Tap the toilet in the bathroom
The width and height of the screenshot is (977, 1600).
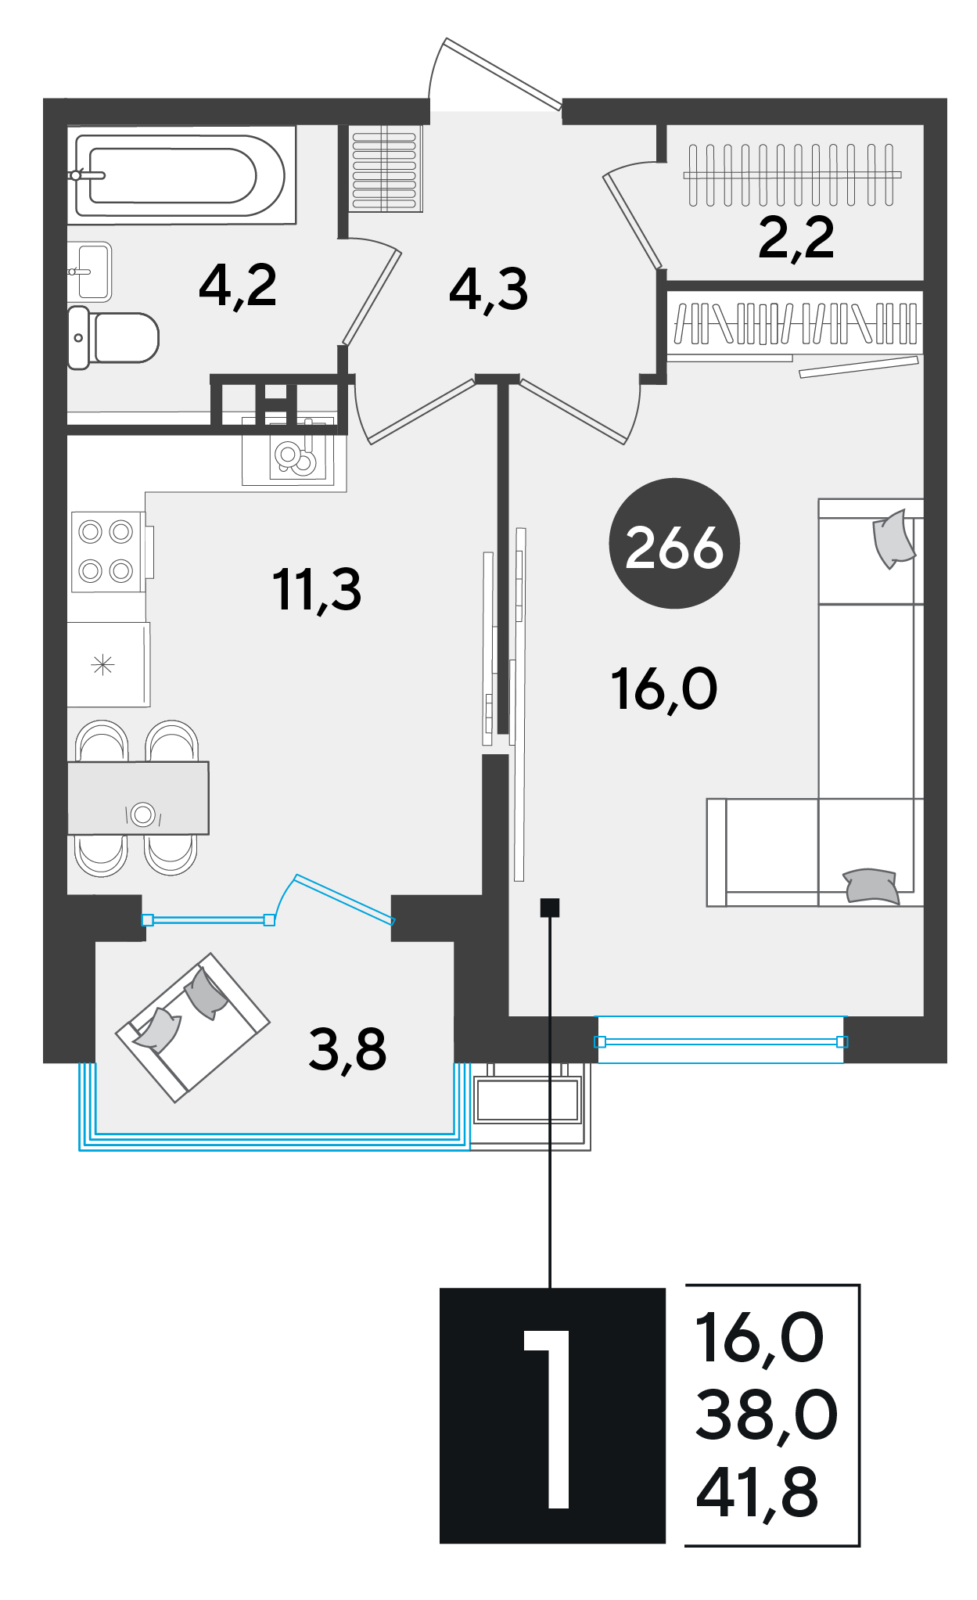pos(113,337)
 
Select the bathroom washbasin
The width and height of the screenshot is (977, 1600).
pos(90,271)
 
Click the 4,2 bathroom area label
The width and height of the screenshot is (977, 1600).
pos(238,286)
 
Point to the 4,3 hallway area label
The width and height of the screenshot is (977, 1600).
pos(489,290)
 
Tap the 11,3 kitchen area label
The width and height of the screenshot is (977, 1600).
pos(317,591)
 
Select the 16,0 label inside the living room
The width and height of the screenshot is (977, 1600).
pos(664,690)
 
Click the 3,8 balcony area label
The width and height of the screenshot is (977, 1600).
pos(347,1051)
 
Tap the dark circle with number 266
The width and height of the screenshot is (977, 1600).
pos(674,543)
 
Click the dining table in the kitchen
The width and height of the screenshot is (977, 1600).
pos(138,798)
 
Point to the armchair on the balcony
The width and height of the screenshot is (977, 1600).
pos(192,1027)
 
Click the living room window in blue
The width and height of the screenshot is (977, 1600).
pos(720,1041)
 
